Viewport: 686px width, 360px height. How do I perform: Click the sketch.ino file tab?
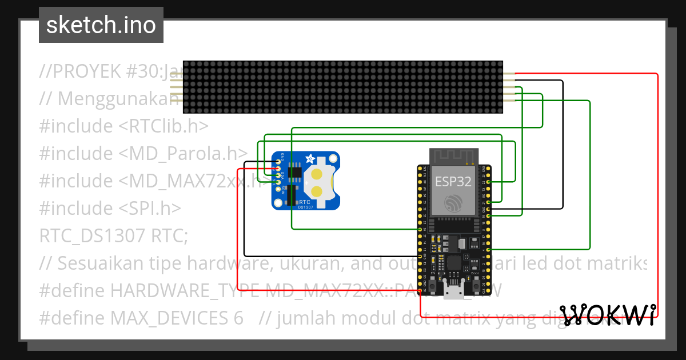pyautogui.click(x=101, y=25)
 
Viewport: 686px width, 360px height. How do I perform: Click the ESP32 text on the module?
pyautogui.click(x=453, y=182)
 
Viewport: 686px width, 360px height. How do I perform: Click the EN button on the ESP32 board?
pyautogui.click(x=433, y=284)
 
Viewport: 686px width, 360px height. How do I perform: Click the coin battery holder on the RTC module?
pyautogui.click(x=319, y=182)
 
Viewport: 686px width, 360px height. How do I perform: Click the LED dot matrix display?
pyautogui.click(x=343, y=87)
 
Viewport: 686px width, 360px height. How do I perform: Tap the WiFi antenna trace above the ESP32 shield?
pyautogui.click(x=453, y=155)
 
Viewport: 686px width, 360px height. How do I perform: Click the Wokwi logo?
pyautogui.click(x=608, y=314)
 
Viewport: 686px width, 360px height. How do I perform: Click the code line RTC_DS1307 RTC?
pyautogui.click(x=113, y=235)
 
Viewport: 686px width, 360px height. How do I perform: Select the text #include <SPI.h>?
pyautogui.click(x=110, y=207)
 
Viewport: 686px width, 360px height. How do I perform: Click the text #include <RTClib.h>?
pyautogui.click(x=123, y=125)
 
